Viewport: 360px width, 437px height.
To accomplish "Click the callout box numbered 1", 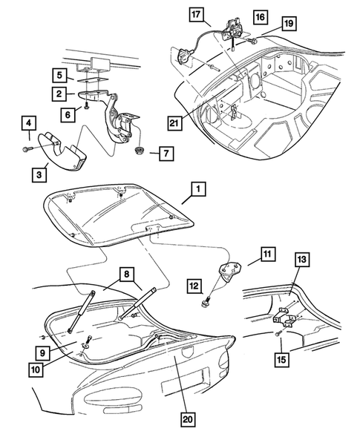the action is click(198, 189).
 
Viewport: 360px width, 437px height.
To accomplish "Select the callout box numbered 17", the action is click(196, 14).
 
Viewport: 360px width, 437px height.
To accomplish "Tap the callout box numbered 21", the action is click(175, 123).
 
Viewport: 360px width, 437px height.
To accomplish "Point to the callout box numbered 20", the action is click(188, 419).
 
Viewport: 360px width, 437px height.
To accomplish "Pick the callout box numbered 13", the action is click(301, 260).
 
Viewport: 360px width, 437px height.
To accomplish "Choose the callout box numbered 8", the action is click(127, 275).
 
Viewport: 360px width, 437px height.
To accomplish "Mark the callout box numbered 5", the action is click(59, 75).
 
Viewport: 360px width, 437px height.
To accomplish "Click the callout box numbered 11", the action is click(268, 254).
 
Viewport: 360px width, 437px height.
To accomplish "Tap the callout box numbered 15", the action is click(281, 360).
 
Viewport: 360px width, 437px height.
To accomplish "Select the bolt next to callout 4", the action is click(27, 149).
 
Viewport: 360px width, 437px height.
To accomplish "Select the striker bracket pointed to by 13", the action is click(287, 318).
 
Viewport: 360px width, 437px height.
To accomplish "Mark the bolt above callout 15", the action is click(279, 333).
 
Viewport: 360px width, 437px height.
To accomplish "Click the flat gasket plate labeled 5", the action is click(92, 80).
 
